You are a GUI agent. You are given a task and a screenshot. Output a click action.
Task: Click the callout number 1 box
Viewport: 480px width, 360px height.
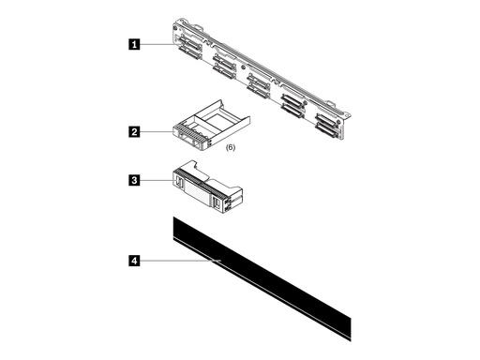point(136,43)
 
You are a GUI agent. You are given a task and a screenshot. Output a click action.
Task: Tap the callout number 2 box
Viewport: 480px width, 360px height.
point(136,133)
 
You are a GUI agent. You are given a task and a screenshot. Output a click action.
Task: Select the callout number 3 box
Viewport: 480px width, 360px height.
point(136,178)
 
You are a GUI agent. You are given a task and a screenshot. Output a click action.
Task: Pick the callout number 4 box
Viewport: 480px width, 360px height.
point(136,262)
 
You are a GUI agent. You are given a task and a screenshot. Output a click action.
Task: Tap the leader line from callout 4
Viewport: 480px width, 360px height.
point(178,262)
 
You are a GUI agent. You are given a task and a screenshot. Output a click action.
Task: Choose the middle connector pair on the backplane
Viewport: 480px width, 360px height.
point(257,83)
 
